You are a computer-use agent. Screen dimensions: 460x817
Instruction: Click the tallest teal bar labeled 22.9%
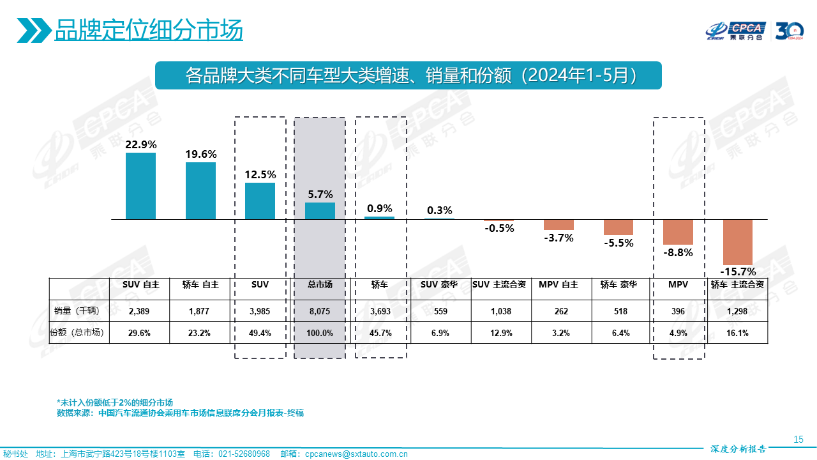pos(140,186)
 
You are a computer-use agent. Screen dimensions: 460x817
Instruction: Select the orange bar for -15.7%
pos(738,242)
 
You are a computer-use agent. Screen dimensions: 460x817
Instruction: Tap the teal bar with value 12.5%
pos(260,201)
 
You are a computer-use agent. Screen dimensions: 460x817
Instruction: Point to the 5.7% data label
pos(320,194)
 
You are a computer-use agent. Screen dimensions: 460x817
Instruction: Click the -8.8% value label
pos(678,252)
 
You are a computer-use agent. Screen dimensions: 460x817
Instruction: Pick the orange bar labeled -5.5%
pos(618,227)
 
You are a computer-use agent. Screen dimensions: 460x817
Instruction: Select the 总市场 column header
pos(320,284)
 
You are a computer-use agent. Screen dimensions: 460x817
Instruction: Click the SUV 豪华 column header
pos(440,284)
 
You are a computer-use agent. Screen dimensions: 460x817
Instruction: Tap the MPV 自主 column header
pos(558,284)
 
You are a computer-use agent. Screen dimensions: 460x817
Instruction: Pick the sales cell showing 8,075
pos(320,311)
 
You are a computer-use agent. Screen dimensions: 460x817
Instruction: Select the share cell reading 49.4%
pos(260,332)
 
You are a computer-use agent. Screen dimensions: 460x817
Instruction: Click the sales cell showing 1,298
pos(738,311)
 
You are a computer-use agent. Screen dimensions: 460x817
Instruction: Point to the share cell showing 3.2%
pos(558,332)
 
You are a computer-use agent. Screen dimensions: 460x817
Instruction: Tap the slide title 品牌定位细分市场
pos(149,30)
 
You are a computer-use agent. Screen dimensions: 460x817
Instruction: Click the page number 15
pos(798,439)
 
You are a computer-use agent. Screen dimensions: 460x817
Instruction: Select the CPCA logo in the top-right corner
pos(736,30)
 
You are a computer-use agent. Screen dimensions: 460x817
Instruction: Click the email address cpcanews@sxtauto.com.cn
pos(356,454)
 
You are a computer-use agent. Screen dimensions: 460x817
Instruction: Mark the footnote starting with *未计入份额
pos(115,402)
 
